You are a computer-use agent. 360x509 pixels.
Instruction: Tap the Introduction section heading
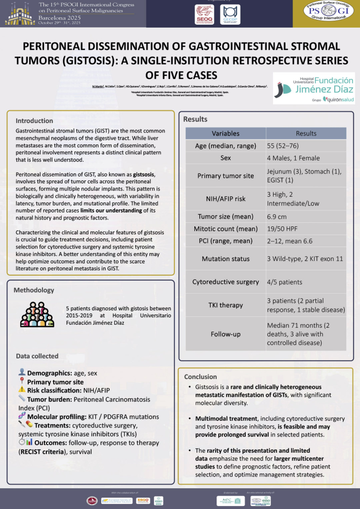point(34,121)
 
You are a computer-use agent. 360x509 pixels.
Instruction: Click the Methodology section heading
point(34,290)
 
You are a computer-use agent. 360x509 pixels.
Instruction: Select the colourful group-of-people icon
point(37,314)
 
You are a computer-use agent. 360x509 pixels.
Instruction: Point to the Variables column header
point(225,133)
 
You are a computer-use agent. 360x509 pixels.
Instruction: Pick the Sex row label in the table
point(225,158)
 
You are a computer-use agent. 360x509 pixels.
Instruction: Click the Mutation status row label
point(225,258)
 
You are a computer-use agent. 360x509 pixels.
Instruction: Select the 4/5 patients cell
point(285,282)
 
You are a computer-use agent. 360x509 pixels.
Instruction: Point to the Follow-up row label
point(225,334)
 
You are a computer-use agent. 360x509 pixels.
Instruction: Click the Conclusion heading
point(200,377)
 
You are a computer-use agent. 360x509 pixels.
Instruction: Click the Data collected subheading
point(37,356)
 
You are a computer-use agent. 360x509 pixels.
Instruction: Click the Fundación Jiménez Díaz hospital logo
point(314,88)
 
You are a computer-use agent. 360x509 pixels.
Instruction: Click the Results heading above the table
point(195,119)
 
